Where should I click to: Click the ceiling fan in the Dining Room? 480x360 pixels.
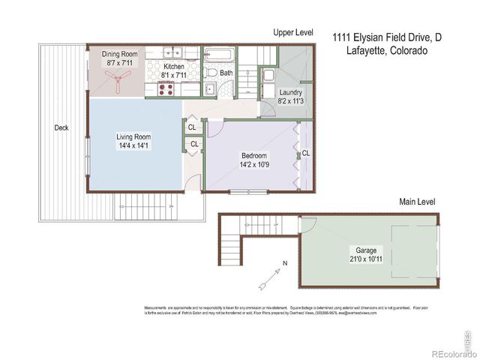click(x=119, y=81)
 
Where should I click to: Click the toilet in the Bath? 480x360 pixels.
click(x=211, y=73)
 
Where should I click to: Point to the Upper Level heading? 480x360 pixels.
click(x=292, y=34)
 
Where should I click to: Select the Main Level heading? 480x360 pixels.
click(x=417, y=202)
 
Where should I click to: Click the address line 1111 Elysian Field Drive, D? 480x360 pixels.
click(x=386, y=35)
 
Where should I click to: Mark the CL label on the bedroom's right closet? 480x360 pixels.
click(x=306, y=153)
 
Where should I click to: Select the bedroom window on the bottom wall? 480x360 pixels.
click(x=248, y=192)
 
